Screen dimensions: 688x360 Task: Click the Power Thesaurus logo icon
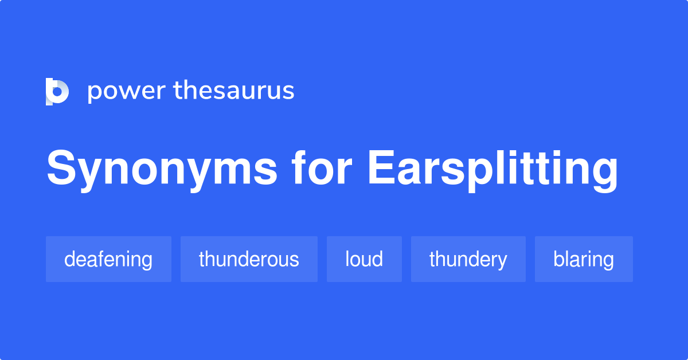point(57,92)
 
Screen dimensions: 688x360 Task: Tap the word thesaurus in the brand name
point(234,90)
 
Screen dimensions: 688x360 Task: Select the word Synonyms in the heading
point(162,171)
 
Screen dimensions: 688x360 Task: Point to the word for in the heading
point(321,168)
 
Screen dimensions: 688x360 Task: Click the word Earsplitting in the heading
point(492,171)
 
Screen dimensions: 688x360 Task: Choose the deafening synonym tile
point(109,259)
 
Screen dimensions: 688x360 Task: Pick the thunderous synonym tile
point(249,259)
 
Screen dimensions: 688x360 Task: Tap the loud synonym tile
point(364,259)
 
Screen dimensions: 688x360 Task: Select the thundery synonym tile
point(468,259)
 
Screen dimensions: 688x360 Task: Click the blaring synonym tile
point(584,259)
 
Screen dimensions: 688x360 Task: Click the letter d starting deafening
point(71,259)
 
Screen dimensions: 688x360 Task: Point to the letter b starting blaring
point(560,259)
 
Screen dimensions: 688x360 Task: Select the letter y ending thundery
point(501,262)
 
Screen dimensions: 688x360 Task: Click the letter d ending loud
point(377,259)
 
